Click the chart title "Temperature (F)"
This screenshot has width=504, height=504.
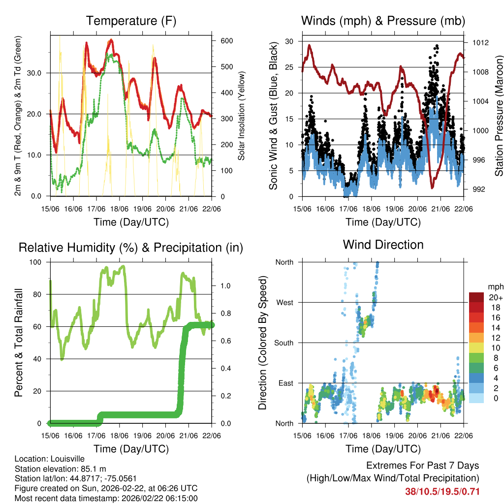[x=131, y=21]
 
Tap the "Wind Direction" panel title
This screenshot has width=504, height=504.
[x=383, y=245]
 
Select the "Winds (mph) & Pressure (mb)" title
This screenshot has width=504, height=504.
[x=383, y=21]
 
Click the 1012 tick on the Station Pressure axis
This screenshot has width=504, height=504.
[x=479, y=43]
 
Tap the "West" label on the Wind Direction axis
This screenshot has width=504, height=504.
[x=284, y=302]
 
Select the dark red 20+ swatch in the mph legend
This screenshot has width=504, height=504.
[x=476, y=297]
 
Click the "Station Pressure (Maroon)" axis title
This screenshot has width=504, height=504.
[x=499, y=116]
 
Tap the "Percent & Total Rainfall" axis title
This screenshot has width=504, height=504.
[x=18, y=343]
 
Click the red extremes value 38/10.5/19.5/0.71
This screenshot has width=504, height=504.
[x=442, y=491]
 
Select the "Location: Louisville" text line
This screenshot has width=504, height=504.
[x=50, y=459]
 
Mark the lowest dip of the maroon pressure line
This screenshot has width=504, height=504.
[x=433, y=188]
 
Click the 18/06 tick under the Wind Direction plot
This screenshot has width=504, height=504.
[x=372, y=436]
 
